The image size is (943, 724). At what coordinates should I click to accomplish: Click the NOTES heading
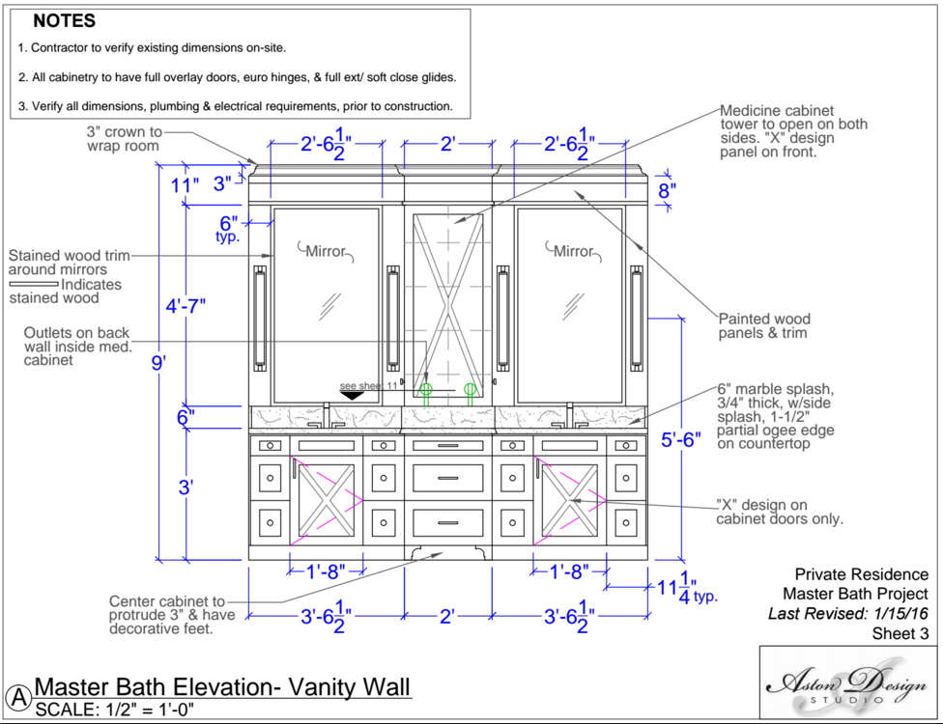64,21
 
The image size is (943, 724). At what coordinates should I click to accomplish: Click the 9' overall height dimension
159,363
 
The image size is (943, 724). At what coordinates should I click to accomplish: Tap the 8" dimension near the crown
668,190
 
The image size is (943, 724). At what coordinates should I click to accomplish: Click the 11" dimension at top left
186,183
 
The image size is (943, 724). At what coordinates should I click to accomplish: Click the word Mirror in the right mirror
572,252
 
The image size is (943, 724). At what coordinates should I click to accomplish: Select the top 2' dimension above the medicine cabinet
447,145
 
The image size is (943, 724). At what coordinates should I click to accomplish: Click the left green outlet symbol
425,390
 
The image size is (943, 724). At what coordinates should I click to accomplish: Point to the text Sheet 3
900,634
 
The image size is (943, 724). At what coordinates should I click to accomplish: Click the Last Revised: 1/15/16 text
847,614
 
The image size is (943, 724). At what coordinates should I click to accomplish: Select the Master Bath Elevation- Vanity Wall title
222,686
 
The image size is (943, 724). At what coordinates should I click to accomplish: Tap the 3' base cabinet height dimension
186,487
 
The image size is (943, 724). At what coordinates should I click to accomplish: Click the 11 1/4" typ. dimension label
682,590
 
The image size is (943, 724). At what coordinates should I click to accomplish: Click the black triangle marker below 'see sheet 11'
352,395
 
